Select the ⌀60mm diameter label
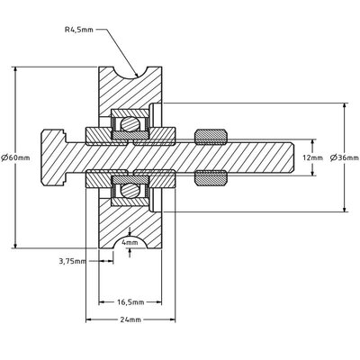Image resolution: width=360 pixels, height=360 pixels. [16, 157]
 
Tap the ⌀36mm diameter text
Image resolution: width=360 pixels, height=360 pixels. [346, 157]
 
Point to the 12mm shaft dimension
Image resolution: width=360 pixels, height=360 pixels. [310, 157]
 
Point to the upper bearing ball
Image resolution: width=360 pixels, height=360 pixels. [130, 124]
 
